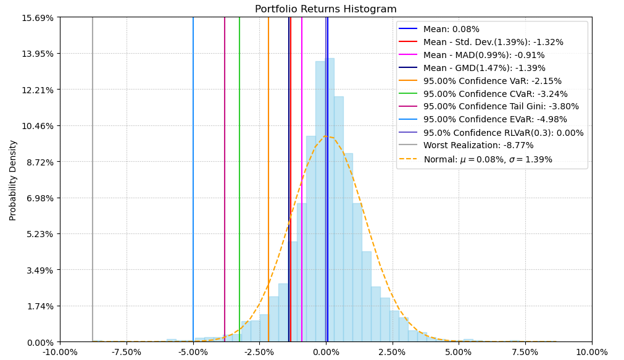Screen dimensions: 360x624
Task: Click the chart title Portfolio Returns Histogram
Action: pos(326,9)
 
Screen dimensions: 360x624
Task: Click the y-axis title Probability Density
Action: pos(13,180)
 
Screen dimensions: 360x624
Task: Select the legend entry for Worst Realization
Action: pos(478,146)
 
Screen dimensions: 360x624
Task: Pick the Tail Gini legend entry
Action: pos(501,107)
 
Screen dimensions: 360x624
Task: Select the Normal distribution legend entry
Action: pos(488,159)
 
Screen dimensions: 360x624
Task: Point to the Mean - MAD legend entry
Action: pos(484,55)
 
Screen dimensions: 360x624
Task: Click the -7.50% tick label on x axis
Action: pos(127,353)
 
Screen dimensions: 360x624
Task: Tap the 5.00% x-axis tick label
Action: pos(459,353)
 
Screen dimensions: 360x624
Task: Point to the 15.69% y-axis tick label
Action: pos(39,17)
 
